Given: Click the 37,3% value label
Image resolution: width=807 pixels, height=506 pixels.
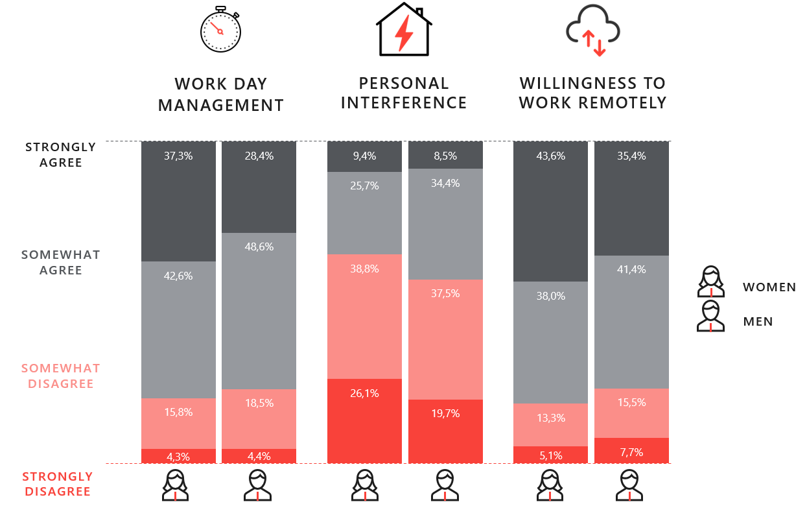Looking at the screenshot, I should coord(178,156).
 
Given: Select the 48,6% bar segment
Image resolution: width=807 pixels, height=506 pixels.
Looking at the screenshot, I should coord(259,311).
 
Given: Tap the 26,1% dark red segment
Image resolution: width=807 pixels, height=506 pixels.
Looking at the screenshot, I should coord(364,420).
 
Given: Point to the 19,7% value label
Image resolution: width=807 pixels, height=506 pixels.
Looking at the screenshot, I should coord(445,413).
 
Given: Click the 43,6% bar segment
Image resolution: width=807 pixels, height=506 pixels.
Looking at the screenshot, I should coord(550,211).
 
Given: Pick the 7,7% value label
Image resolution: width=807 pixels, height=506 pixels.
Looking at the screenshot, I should coord(631,452).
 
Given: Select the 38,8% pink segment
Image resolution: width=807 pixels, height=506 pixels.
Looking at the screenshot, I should coord(364,316).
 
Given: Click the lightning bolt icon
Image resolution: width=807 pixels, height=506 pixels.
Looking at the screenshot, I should coord(404,34).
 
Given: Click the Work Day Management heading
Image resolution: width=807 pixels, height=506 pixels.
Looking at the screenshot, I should coord(221,94).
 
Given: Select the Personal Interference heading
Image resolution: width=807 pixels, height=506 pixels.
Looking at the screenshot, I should coord(404,93).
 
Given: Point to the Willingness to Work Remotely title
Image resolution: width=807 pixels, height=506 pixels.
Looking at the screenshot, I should coord(592,93).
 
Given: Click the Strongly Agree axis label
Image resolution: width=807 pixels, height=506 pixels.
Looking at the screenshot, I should coord(61,154).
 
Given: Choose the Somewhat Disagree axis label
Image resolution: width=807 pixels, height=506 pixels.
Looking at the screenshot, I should coord(61,376).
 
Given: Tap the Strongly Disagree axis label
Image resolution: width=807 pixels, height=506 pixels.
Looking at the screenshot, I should coord(58,484).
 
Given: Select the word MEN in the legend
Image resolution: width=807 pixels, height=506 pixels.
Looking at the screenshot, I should coord(758,321).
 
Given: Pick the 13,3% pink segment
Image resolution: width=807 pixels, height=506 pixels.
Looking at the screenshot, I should coord(550,425).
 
